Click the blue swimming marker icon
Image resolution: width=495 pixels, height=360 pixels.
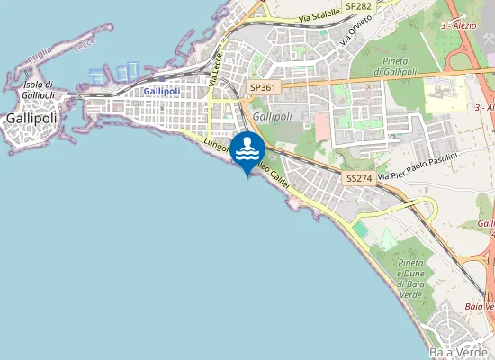247,150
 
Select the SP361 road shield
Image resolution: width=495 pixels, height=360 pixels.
262,87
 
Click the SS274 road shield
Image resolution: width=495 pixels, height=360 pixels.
358,178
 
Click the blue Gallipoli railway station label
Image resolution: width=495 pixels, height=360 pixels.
163,92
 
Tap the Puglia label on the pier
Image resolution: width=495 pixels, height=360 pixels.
40,57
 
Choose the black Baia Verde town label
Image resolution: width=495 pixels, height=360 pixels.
458,351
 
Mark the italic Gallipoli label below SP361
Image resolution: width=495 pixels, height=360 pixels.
273,116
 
